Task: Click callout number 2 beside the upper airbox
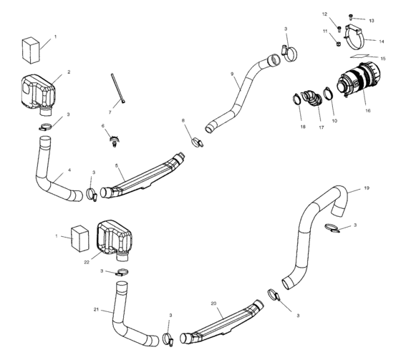click(x=68, y=72)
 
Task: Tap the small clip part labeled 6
click(x=112, y=140)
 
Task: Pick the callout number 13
click(x=372, y=21)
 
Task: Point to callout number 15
click(x=383, y=59)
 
